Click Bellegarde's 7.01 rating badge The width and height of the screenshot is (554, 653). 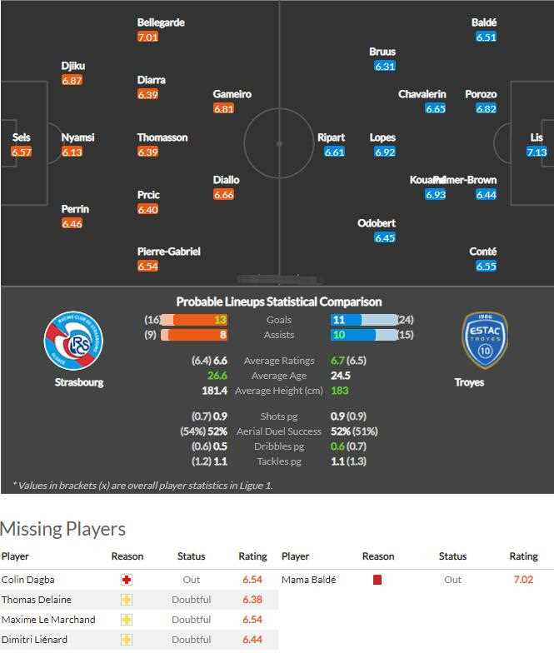147,37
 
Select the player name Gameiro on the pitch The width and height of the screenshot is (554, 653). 232,94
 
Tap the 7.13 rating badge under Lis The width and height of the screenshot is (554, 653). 537,152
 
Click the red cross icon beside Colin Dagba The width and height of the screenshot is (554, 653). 127,580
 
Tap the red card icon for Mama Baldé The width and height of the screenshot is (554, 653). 377,580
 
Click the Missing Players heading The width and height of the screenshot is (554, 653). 62,529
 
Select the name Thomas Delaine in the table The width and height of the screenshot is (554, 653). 36,600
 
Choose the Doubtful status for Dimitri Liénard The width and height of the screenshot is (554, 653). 191,640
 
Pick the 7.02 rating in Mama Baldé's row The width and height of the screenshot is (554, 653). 523,580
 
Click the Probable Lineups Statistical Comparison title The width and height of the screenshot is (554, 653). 279,302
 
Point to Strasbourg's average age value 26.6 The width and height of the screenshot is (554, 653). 217,376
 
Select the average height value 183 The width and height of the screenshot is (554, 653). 339,391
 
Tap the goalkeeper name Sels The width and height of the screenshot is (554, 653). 21,137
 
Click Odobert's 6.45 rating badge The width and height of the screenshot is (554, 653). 385,238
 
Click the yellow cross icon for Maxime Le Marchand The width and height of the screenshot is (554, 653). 127,620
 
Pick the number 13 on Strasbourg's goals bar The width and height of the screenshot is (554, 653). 220,320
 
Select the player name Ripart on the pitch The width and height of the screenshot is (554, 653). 331,137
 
